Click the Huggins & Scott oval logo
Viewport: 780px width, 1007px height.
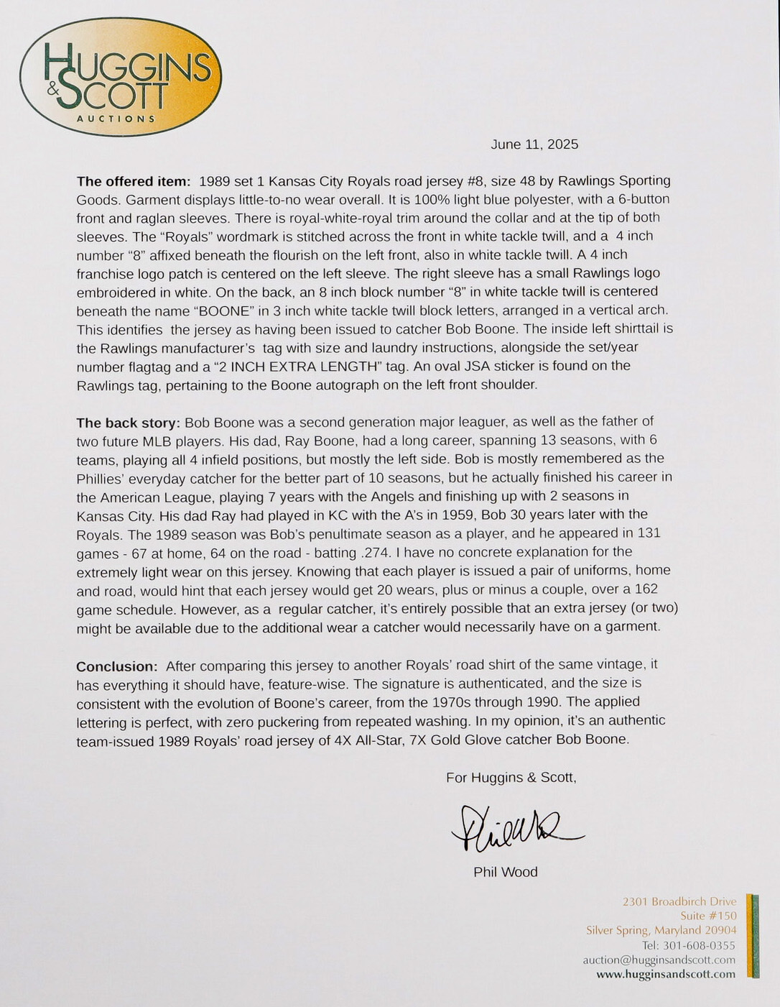click(120, 77)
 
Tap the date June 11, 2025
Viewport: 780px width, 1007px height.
click(534, 144)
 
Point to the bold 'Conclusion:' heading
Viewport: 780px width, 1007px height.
click(116, 666)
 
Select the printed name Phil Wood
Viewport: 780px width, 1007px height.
click(505, 872)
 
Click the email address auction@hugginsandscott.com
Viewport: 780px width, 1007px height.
click(659, 960)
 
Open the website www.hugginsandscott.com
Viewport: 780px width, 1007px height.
click(665, 975)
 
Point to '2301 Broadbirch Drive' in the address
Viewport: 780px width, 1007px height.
click(679, 901)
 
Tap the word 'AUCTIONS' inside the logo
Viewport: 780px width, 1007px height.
click(116, 118)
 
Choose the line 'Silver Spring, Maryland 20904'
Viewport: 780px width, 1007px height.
click(661, 930)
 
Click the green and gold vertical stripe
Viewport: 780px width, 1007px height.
click(752, 935)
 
